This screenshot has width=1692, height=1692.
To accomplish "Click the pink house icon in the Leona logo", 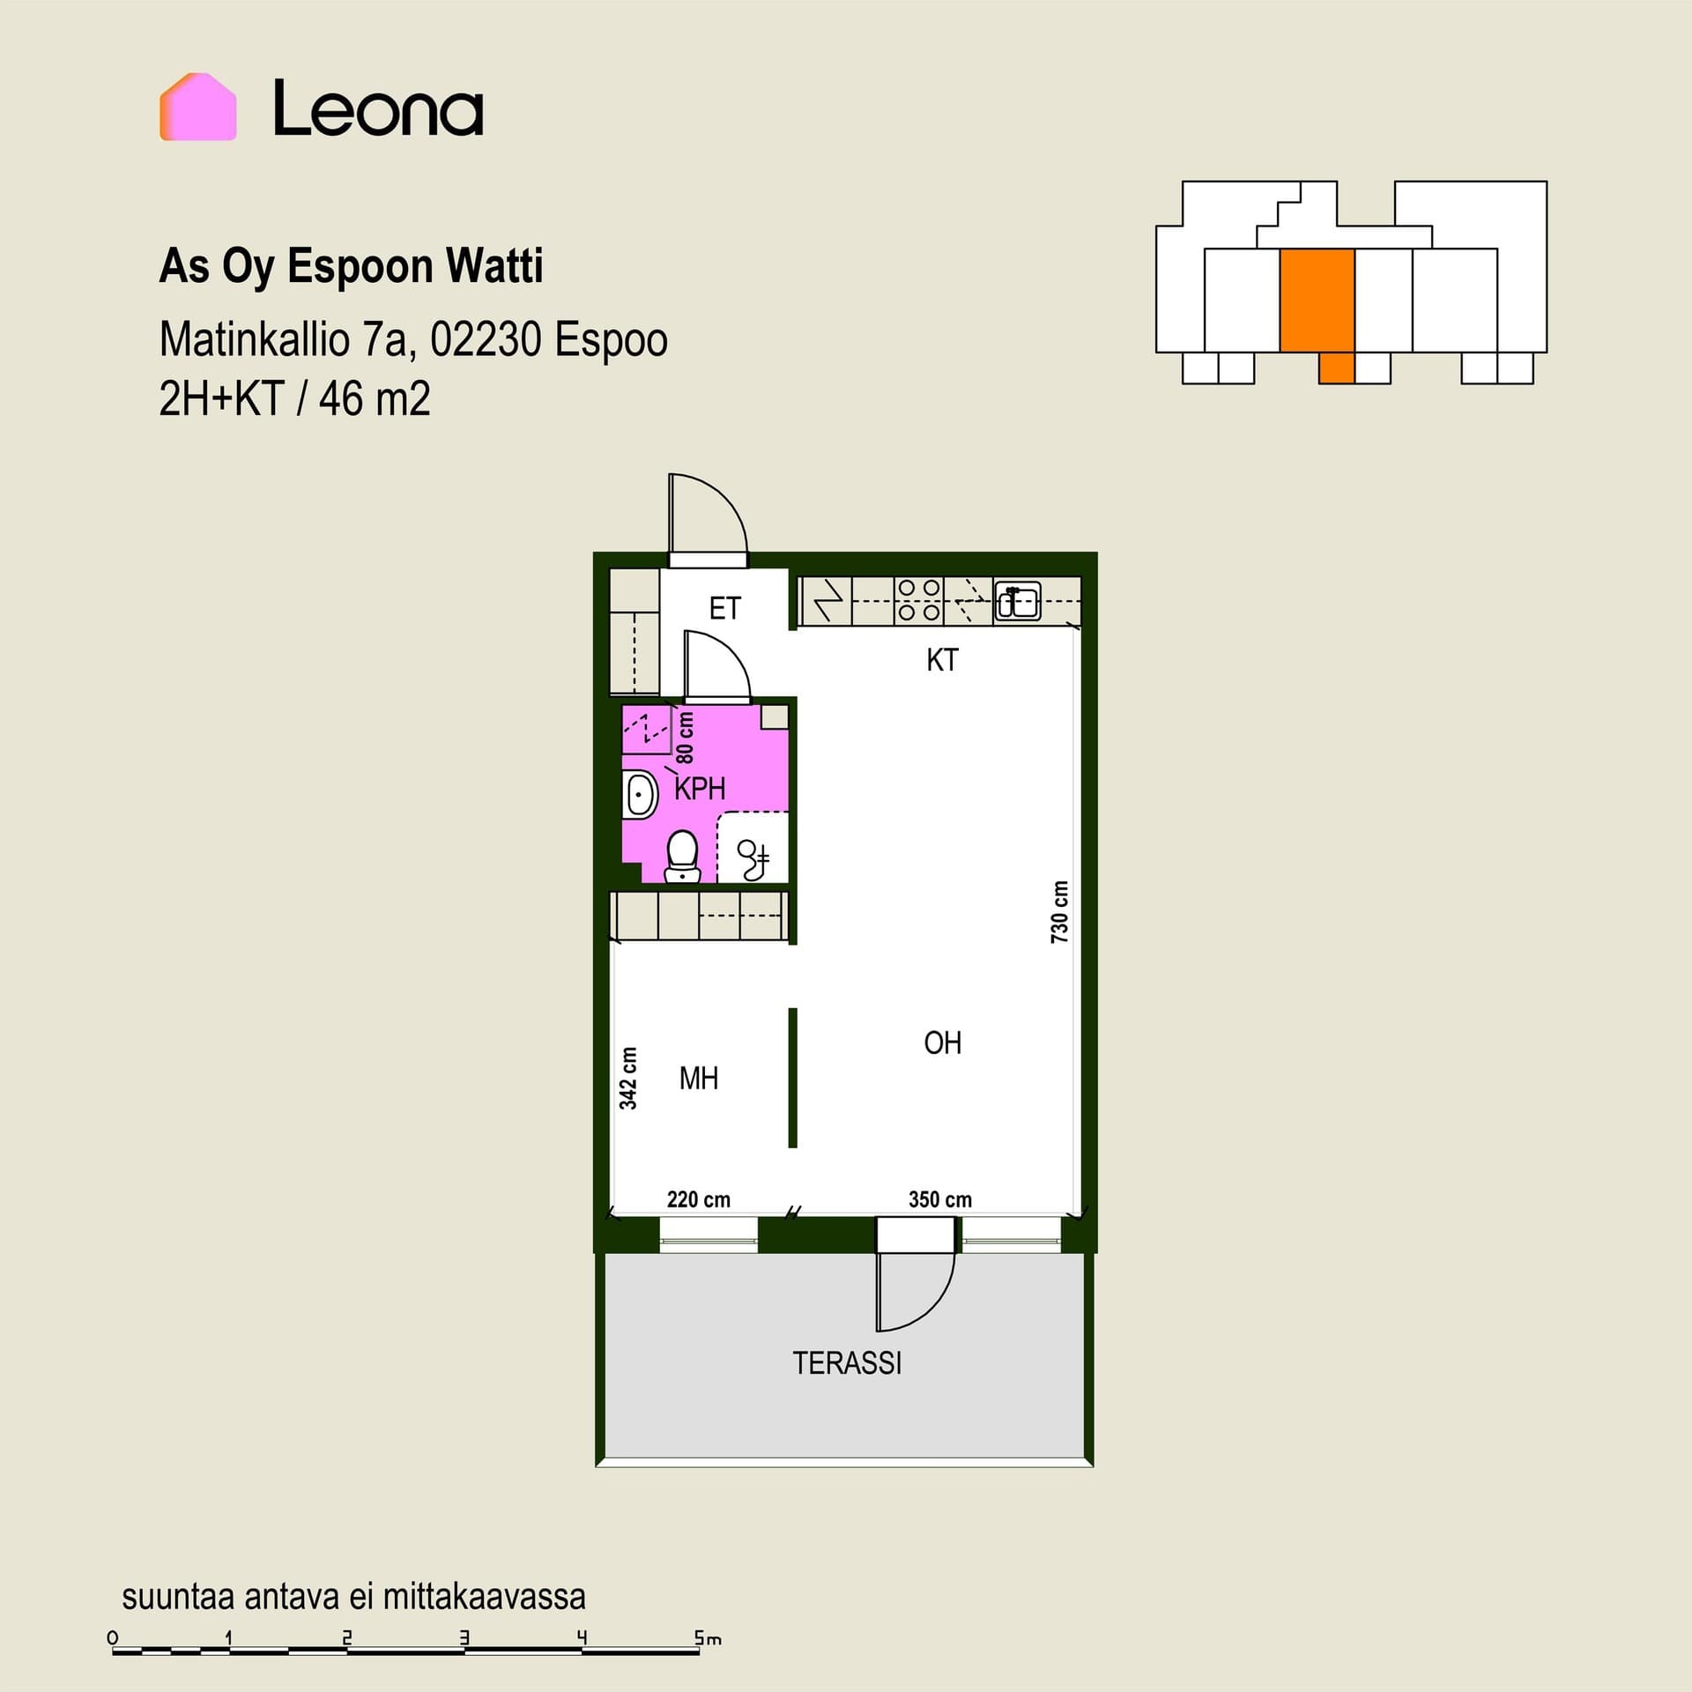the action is pyautogui.click(x=198, y=107).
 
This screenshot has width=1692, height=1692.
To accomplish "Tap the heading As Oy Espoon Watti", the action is pyautogui.click(x=351, y=266).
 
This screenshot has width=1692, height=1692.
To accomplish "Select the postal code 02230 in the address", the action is pyautogui.click(x=486, y=339).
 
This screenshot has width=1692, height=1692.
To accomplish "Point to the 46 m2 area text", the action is pyautogui.click(x=375, y=398).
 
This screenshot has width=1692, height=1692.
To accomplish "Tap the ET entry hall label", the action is pyautogui.click(x=725, y=608).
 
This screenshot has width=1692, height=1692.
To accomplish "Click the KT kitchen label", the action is pyautogui.click(x=942, y=660).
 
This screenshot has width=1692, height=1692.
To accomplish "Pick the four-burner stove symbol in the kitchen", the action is pyautogui.click(x=918, y=600).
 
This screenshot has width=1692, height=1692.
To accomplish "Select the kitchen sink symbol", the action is pyautogui.click(x=1018, y=601).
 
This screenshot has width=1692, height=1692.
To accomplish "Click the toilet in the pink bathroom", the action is pyautogui.click(x=682, y=857).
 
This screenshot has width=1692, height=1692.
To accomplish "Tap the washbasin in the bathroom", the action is pyautogui.click(x=640, y=796).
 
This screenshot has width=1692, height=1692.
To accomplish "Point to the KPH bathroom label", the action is pyautogui.click(x=700, y=789).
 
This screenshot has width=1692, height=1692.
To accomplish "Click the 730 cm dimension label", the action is pyautogui.click(x=1059, y=912).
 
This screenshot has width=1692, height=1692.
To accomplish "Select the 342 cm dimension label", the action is pyautogui.click(x=627, y=1078).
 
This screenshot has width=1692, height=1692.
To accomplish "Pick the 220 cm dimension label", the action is pyautogui.click(x=699, y=1199).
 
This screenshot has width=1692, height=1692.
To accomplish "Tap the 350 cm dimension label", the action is pyautogui.click(x=940, y=1199).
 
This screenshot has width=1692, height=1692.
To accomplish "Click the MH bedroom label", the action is pyautogui.click(x=699, y=1078).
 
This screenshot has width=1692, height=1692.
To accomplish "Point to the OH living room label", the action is pyautogui.click(x=942, y=1043).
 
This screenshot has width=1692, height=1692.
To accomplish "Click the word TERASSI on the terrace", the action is pyautogui.click(x=847, y=1363).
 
